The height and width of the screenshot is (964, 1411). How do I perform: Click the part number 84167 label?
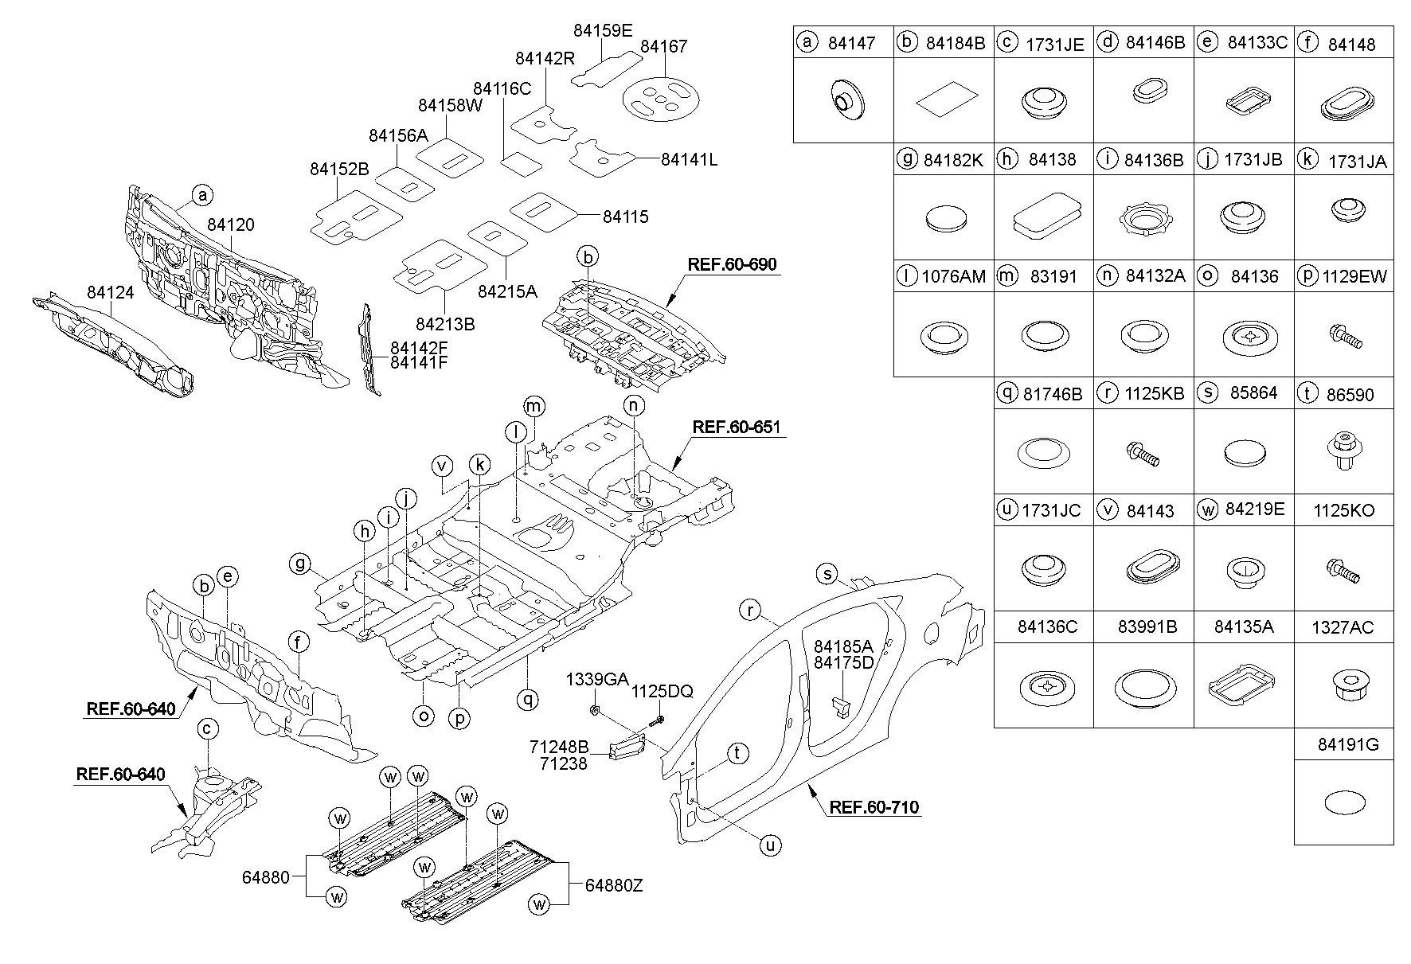tap(663, 47)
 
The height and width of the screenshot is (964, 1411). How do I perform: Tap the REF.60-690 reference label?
tap(732, 265)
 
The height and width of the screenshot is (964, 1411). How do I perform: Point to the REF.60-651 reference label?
tap(735, 427)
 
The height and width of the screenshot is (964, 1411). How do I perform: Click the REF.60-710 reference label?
tap(874, 807)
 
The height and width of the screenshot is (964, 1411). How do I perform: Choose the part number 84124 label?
tap(110, 294)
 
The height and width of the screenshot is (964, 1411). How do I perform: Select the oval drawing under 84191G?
tap(1343, 802)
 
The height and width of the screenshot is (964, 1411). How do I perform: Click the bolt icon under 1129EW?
tap(1344, 335)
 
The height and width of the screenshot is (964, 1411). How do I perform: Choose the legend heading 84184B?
tap(955, 44)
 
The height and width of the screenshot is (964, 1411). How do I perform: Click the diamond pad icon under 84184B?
tap(945, 102)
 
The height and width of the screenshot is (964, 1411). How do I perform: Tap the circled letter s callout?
tap(828, 574)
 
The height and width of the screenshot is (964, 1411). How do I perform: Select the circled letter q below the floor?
tap(527, 700)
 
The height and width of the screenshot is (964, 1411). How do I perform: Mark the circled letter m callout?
tap(534, 407)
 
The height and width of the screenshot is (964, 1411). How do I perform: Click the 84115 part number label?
tap(625, 217)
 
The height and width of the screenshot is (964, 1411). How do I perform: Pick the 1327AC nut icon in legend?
tap(1344, 686)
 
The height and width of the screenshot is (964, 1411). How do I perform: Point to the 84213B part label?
tap(445, 324)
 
